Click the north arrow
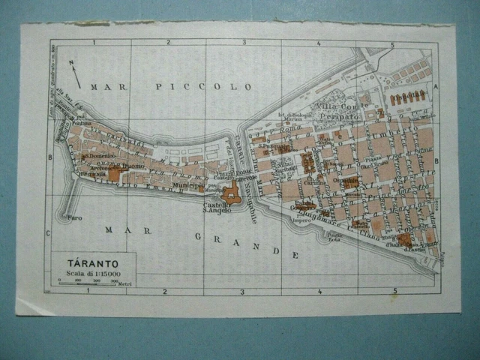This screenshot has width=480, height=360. coord(74,73)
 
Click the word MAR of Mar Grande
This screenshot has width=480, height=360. coord(120,229)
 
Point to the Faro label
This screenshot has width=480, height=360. coord(74,217)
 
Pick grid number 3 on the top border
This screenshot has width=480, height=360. coord(243,43)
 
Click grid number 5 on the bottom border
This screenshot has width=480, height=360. coord(391,290)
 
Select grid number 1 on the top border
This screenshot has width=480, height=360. coord(93,43)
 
